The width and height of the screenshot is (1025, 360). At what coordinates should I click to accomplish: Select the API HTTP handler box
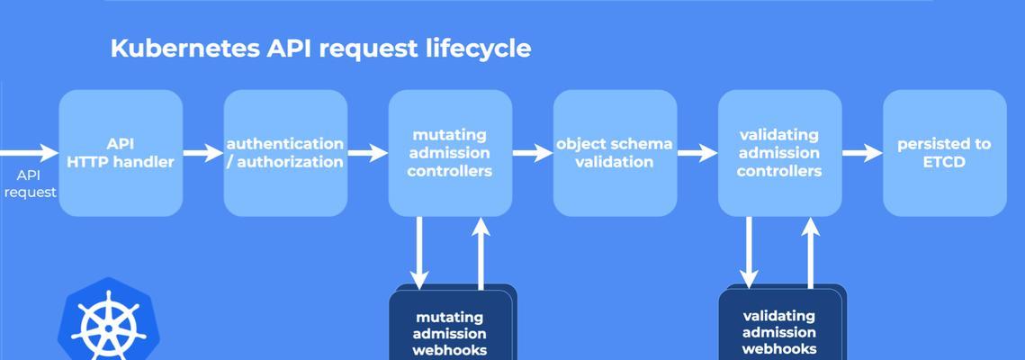pos(121,153)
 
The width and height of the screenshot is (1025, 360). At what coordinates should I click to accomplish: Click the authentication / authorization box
pos(285,153)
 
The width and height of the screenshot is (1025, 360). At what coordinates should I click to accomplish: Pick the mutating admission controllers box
pos(450,153)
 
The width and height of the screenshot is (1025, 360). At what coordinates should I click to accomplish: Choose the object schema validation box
pos(616,153)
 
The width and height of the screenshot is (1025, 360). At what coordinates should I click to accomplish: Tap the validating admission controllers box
pos(780,153)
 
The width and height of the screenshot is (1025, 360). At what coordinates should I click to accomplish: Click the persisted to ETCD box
pos(945,153)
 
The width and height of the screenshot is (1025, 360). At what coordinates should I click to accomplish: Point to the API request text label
pos(29,184)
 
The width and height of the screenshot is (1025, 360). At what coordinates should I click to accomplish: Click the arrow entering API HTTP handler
pos(30,153)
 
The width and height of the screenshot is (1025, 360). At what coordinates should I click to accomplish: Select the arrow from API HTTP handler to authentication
pos(203,153)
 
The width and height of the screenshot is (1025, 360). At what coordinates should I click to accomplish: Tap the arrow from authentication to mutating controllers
pos(368,153)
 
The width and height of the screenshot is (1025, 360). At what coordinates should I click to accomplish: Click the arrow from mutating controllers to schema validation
pos(533,153)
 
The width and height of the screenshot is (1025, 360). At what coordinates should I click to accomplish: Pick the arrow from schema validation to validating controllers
pos(697,153)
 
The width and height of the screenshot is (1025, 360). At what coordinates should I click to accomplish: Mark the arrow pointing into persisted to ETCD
pos(862,153)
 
